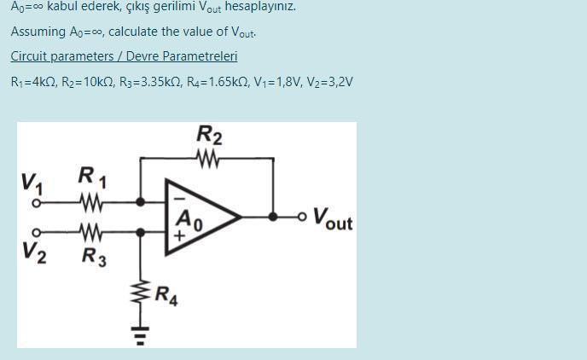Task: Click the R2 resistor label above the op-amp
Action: click(x=209, y=135)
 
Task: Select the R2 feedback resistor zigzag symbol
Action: click(x=208, y=159)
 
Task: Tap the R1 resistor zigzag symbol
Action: click(x=90, y=203)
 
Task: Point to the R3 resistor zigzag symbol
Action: click(x=90, y=230)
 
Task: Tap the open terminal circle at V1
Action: click(x=37, y=204)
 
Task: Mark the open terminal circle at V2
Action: click(x=37, y=230)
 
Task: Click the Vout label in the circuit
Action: click(x=332, y=219)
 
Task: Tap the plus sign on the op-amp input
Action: click(x=179, y=232)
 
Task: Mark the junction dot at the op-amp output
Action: click(x=273, y=217)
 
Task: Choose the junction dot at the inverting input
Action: click(x=139, y=203)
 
